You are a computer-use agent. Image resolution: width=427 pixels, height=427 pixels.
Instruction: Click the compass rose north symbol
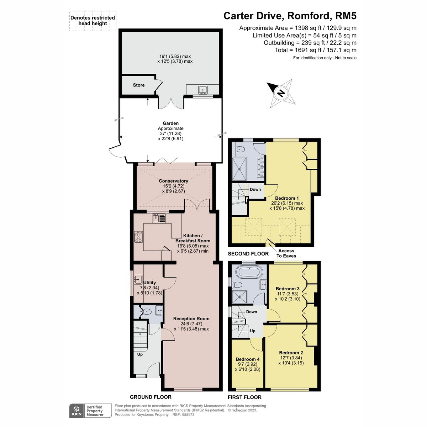[281, 93]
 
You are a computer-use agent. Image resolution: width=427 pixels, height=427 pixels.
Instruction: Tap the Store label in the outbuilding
[139, 85]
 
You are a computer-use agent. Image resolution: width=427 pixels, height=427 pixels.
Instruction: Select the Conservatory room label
[173, 181]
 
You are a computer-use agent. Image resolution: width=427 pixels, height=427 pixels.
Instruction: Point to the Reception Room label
[191, 318]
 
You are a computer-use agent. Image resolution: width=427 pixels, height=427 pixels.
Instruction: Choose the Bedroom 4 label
[248, 359]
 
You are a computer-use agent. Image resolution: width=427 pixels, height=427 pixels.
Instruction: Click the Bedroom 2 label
[291, 353]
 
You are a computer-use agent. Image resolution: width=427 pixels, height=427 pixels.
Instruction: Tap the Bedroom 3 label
[288, 289]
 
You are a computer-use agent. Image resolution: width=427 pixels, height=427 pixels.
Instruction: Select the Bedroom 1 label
[287, 198]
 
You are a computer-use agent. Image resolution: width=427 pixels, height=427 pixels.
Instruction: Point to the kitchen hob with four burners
[138, 237]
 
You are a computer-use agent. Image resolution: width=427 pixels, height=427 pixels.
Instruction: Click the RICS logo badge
[76, 411]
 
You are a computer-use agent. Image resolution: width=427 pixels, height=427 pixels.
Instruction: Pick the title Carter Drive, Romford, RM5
[290, 16]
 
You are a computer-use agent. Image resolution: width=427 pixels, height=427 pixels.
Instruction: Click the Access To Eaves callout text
[286, 253]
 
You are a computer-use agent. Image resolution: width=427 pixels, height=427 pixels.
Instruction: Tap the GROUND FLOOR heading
[151, 397]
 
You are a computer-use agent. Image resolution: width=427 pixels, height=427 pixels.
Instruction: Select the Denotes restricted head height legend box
[93, 21]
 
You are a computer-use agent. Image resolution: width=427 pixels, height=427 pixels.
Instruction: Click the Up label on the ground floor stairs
[140, 354]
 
